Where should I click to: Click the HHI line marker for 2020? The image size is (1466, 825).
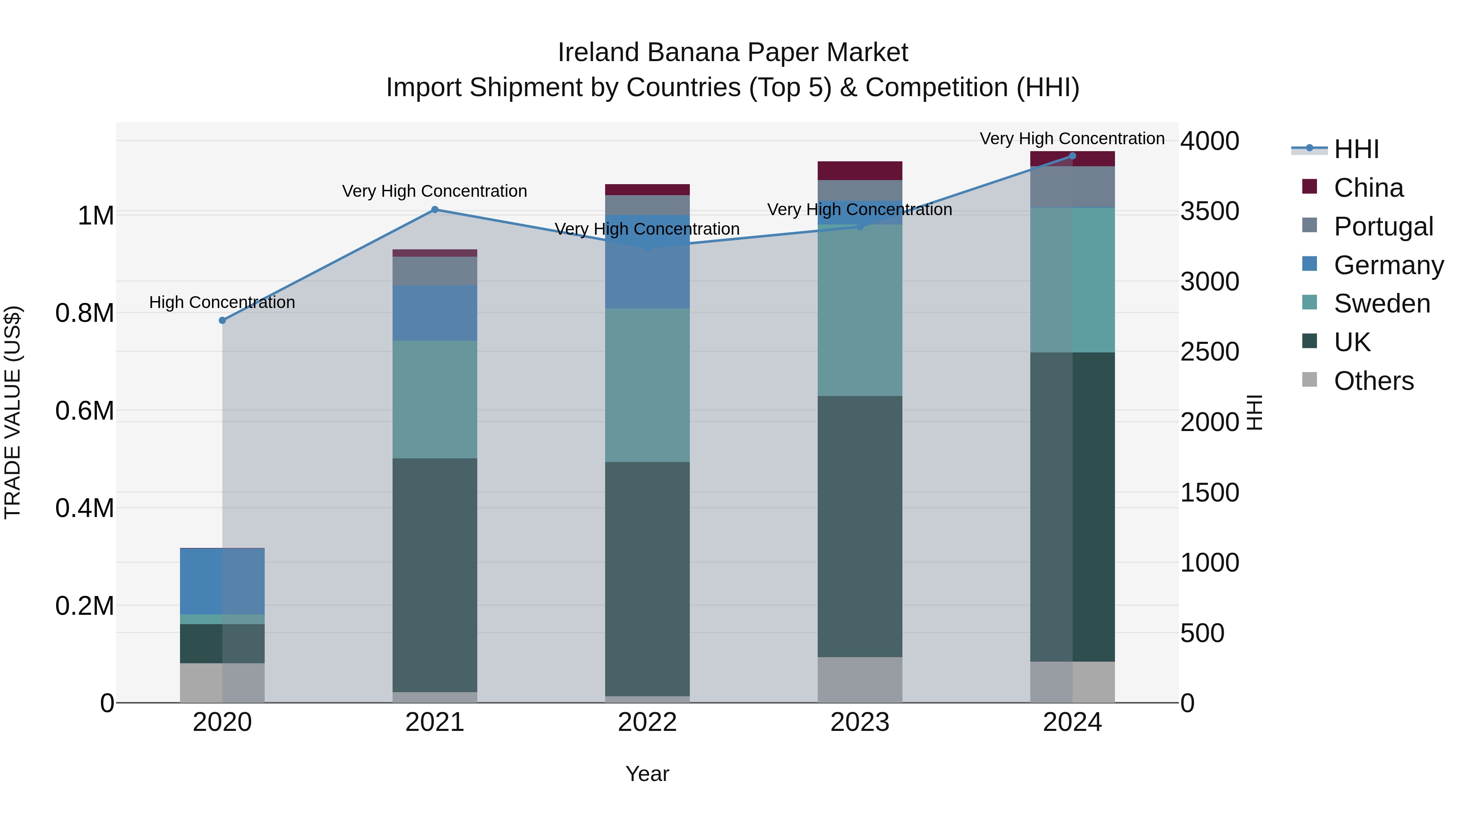[222, 321]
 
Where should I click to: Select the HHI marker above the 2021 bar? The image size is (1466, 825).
[435, 209]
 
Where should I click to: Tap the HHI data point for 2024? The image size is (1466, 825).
[1072, 156]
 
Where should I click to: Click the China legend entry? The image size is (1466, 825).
[1368, 188]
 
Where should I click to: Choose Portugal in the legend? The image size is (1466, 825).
[1383, 227]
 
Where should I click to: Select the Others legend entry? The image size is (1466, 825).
[1373, 381]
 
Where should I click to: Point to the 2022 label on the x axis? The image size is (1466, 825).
[647, 722]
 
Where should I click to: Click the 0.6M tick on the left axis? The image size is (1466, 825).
[85, 411]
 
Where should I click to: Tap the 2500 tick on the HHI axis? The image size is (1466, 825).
[1209, 352]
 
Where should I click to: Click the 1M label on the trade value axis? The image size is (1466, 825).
[96, 216]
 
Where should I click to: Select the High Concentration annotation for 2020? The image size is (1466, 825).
[222, 302]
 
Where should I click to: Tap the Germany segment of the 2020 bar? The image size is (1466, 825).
[222, 581]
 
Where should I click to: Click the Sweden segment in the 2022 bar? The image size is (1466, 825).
[647, 385]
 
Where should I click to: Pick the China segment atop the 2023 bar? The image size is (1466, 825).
[860, 170]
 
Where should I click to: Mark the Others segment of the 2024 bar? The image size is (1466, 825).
[1072, 682]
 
